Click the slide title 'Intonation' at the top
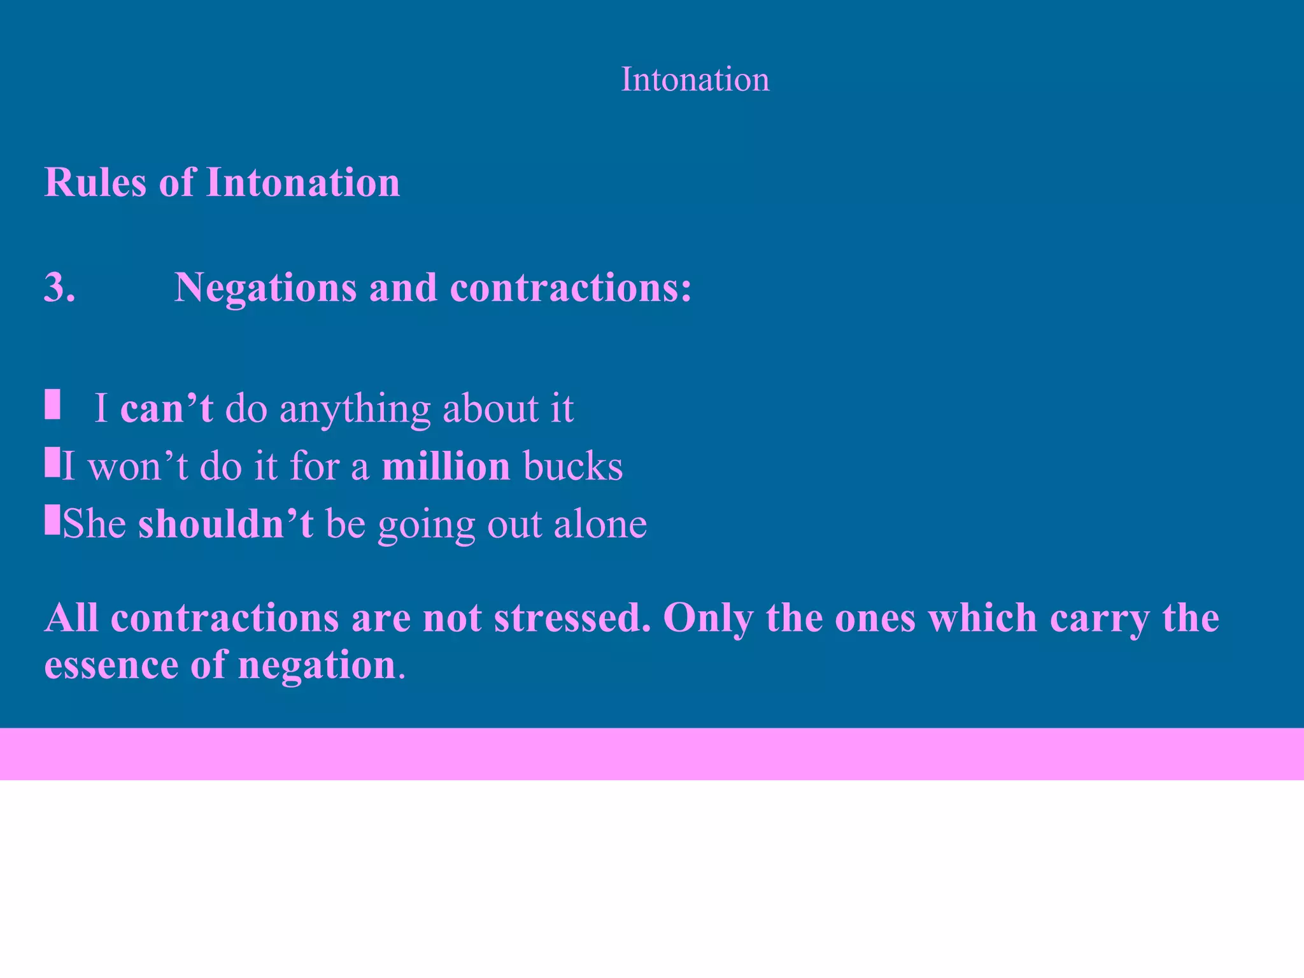695,80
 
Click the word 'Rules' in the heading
95,183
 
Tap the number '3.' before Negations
60,287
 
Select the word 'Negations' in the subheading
265,288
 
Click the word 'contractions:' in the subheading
570,288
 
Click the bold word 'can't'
166,408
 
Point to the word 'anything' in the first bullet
355,409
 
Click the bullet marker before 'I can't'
52,405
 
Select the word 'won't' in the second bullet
138,466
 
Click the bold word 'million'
446,466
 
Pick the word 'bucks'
572,466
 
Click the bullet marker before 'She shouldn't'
52,520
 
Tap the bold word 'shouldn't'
225,524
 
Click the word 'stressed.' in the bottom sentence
572,618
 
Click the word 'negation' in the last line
317,666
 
